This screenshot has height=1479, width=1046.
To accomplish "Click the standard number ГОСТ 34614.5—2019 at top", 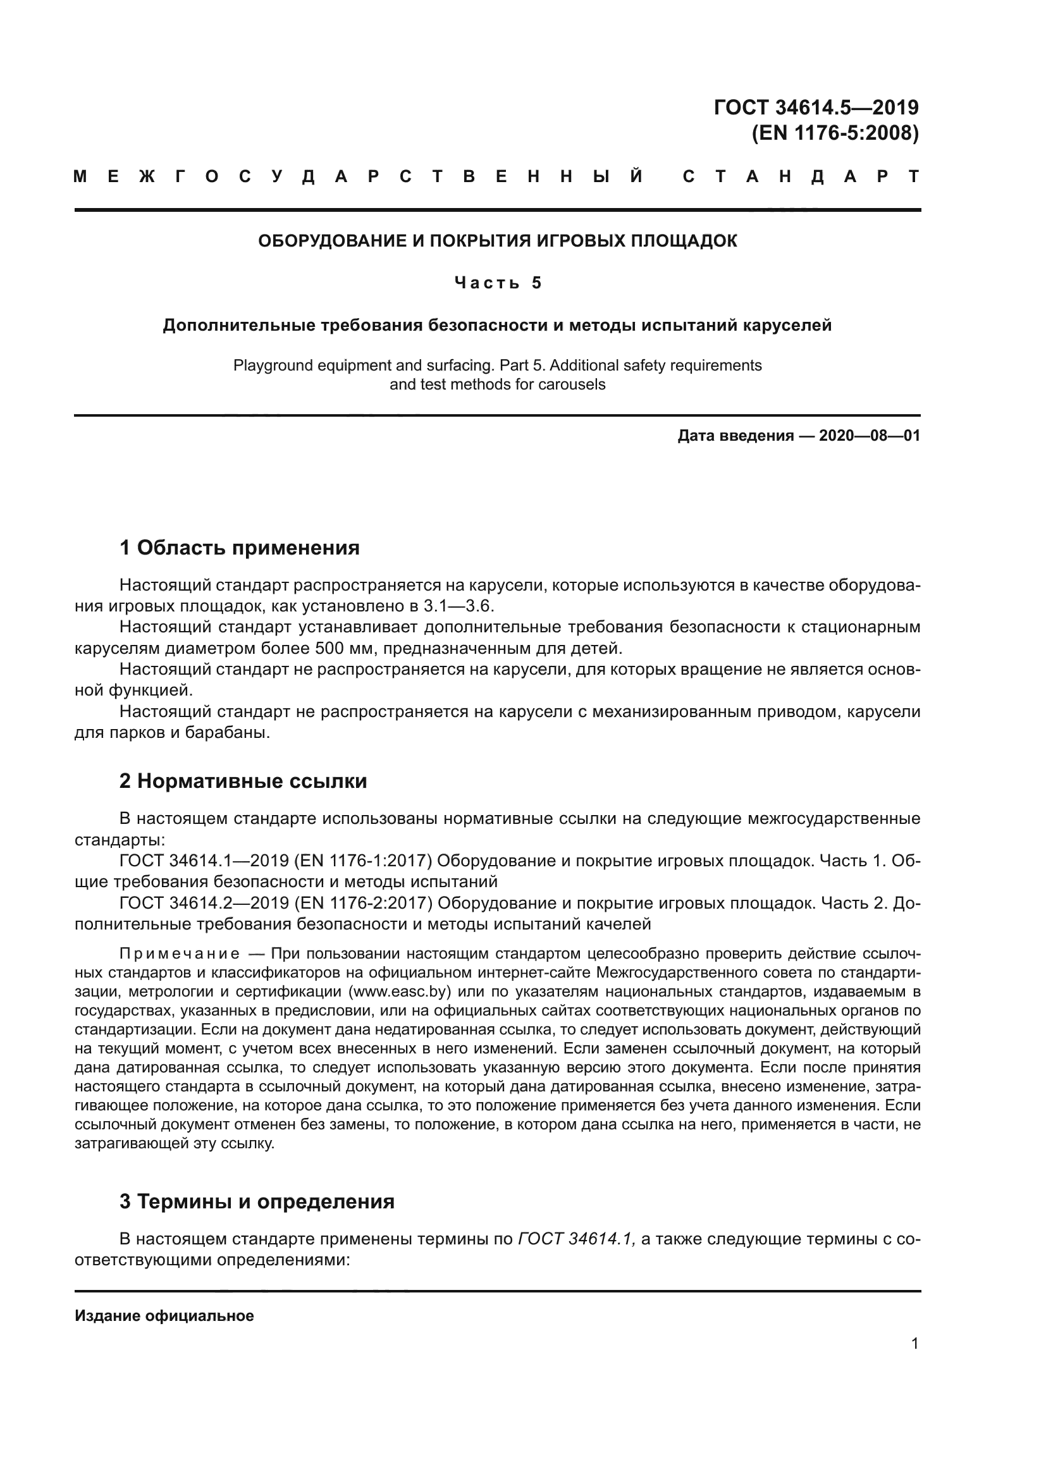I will [x=816, y=107].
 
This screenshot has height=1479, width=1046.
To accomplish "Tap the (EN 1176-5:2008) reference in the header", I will [x=835, y=133].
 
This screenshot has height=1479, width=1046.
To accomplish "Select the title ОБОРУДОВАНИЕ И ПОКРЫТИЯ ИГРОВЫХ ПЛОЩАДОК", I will [x=497, y=241].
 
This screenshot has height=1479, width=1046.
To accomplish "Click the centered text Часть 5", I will [x=497, y=283].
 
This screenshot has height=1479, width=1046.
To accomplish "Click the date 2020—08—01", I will [x=869, y=436].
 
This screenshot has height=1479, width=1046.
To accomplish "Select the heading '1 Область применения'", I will [x=239, y=548].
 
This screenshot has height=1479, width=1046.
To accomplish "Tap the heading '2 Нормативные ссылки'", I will [x=243, y=782].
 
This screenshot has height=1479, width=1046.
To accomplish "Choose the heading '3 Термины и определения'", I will [x=257, y=1202].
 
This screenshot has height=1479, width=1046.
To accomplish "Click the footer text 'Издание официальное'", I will [x=164, y=1316].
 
